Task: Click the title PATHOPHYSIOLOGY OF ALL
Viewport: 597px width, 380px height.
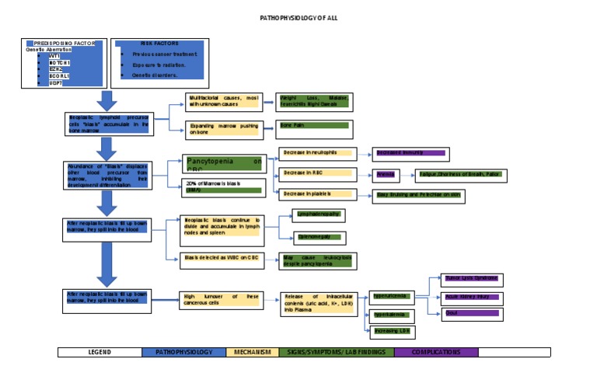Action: tap(298, 18)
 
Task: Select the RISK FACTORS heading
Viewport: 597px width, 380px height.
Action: tap(159, 44)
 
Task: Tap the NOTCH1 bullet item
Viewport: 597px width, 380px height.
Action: tap(60, 62)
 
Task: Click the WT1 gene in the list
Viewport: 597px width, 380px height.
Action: tap(54, 56)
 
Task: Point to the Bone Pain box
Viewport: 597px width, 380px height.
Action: tap(314, 128)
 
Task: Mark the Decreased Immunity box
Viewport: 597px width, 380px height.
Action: tap(410, 153)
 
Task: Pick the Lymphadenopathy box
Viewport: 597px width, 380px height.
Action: tap(316, 215)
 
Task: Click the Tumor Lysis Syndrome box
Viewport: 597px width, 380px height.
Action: tap(471, 277)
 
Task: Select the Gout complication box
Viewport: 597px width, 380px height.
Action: tap(471, 313)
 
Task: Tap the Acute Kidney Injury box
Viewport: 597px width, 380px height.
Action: tap(471, 297)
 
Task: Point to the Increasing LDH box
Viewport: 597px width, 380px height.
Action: tap(392, 331)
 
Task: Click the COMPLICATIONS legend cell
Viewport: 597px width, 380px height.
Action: tap(435, 352)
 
